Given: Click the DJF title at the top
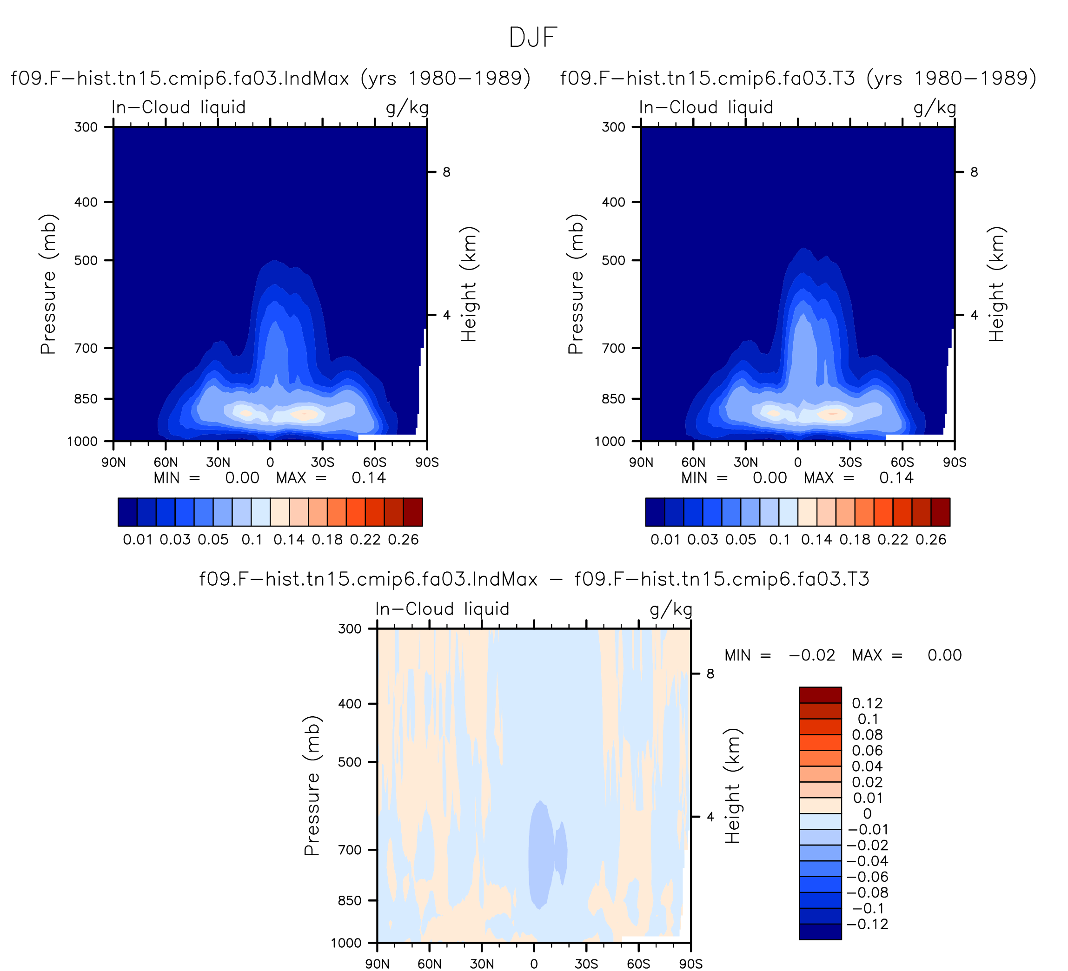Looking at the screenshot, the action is pyautogui.click(x=533, y=38).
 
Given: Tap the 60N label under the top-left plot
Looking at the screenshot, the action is pyautogui.click(x=166, y=462).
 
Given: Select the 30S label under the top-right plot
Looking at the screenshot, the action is pyautogui.click(x=850, y=462).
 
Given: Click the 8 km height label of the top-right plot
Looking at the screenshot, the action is pyautogui.click(x=974, y=172).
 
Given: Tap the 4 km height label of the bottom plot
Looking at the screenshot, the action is pyautogui.click(x=710, y=817).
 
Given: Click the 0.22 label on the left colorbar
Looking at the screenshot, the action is pyautogui.click(x=365, y=540).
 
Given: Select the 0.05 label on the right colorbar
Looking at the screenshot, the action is pyautogui.click(x=741, y=540).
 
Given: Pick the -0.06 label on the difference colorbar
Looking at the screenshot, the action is pyautogui.click(x=867, y=877).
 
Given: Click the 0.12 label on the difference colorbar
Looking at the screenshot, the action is pyautogui.click(x=867, y=703).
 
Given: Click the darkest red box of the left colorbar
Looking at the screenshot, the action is pyautogui.click(x=413, y=512).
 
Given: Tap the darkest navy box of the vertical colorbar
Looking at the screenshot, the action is pyautogui.click(x=820, y=932).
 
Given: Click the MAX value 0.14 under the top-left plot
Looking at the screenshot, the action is pyautogui.click(x=369, y=478).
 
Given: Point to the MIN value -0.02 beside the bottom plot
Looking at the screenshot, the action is pyautogui.click(x=812, y=655).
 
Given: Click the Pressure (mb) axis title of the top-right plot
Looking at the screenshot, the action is pyautogui.click(x=576, y=284).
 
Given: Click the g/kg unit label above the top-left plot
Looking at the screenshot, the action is pyautogui.click(x=407, y=108).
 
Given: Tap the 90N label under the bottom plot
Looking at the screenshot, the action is pyautogui.click(x=377, y=964).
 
